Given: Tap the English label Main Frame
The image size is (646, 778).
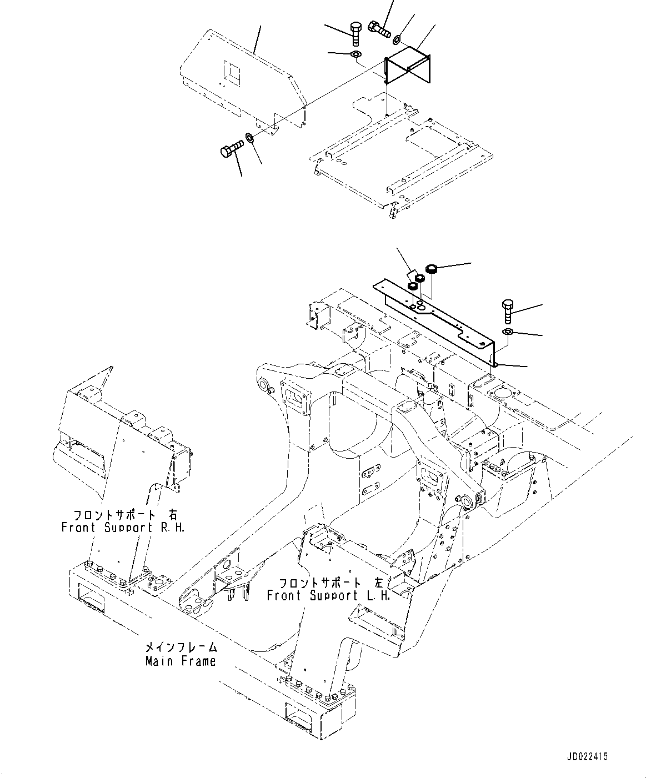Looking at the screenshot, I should [x=181, y=661].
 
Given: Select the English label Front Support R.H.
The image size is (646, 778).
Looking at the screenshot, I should [x=123, y=527].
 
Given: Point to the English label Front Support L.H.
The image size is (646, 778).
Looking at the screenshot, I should [x=328, y=595].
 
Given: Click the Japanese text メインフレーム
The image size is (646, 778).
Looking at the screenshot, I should [x=181, y=648].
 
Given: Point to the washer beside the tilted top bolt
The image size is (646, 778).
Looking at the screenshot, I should [x=397, y=40].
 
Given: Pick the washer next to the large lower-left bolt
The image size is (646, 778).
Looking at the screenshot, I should [x=250, y=138].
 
